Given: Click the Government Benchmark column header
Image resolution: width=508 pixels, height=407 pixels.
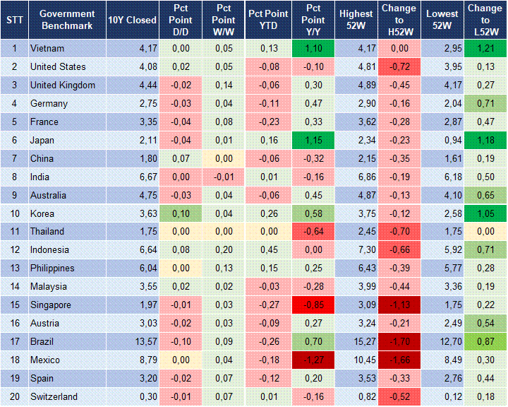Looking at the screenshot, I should coord(67,20).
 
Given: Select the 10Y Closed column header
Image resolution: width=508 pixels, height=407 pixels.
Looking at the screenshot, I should coord(132,20).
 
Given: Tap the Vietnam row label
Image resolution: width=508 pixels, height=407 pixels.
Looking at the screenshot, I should coord(47,48).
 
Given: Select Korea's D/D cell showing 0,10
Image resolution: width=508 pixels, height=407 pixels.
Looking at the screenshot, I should coord(181,213).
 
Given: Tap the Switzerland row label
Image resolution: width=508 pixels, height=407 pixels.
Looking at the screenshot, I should coord(54,397).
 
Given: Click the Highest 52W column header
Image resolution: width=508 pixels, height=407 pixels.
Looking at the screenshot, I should coord(356,20).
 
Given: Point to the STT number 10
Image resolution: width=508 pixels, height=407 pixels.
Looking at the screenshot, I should coord(13,213).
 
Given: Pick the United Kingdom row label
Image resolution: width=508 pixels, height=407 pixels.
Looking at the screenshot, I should coord(63,85).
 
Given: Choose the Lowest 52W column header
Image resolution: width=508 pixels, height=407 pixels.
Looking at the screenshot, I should coord(443,20).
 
